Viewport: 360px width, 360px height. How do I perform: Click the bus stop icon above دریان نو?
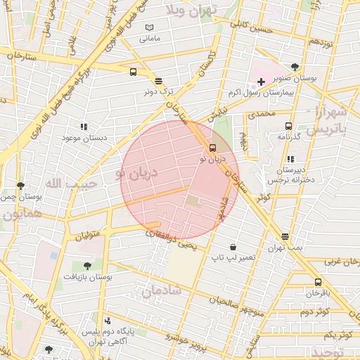point(212,148)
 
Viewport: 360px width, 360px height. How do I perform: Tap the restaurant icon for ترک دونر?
point(159,81)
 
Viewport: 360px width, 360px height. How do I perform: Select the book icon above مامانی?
point(148,28)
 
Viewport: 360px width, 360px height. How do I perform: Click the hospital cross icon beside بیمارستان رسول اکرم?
point(262,82)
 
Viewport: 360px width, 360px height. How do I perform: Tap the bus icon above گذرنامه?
point(288,126)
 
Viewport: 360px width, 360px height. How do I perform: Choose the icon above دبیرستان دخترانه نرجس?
point(290,159)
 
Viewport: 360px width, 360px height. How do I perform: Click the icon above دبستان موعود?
point(84,127)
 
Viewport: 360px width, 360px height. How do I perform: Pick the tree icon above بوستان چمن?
point(20,186)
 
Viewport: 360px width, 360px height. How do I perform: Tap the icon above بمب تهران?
point(285,237)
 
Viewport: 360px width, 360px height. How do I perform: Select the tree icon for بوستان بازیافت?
point(87,266)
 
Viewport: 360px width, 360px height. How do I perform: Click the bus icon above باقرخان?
point(318,282)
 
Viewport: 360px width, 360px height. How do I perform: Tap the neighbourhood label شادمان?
point(162,290)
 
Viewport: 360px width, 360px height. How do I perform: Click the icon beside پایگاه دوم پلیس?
point(107,320)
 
